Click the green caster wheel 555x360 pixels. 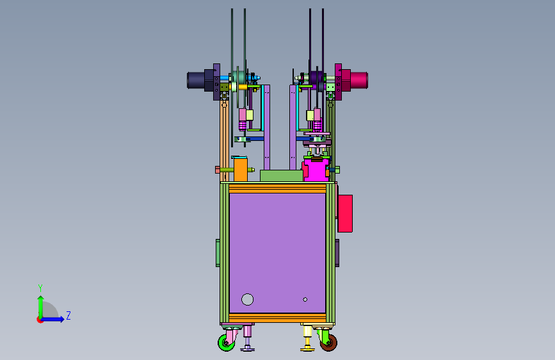coord(225,343)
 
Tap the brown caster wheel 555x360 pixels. coord(329,343)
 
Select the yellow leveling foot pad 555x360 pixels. coord(307,350)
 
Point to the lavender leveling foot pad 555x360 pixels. coord(248,350)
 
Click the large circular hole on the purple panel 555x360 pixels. coord(248,299)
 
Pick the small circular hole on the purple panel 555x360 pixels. coord(305,299)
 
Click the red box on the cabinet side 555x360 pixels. coord(345,214)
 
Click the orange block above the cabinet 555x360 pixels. coord(240,170)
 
